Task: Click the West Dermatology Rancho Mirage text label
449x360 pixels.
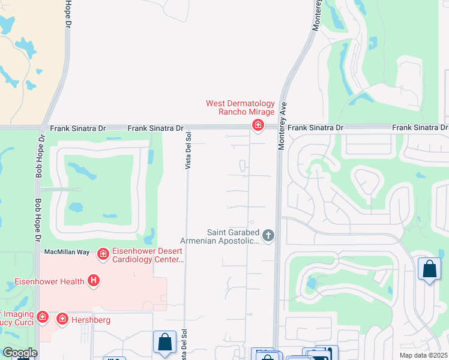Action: (240, 107)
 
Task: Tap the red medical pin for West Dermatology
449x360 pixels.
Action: (258, 125)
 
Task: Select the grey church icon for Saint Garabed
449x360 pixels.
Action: (268, 235)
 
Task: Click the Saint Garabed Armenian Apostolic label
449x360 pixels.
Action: (233, 236)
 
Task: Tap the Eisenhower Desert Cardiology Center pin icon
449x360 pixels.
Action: (103, 254)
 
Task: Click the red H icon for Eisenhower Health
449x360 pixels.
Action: (93, 280)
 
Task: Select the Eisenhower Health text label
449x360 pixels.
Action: (49, 281)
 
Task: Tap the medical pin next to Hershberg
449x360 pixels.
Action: (62, 320)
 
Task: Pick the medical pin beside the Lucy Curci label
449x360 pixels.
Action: (42, 316)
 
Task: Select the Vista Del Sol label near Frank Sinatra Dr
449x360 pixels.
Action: (188, 151)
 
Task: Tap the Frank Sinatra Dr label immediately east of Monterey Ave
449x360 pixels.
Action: (315, 128)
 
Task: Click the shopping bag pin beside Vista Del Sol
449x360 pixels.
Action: (164, 343)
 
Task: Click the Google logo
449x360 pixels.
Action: (19, 353)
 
